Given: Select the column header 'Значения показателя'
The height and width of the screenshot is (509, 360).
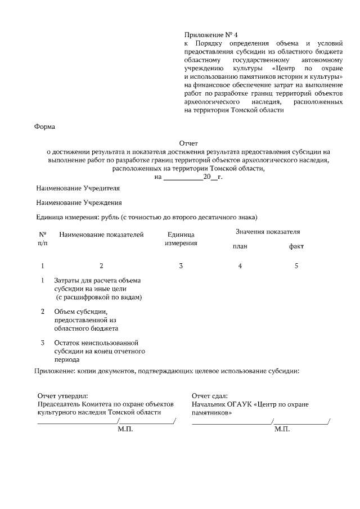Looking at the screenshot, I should (x=267, y=232).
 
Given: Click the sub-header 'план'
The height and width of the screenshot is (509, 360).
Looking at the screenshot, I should (x=240, y=246).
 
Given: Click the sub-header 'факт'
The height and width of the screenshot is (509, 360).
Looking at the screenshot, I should (x=296, y=246).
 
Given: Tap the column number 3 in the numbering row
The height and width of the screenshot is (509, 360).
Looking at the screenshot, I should (x=181, y=265).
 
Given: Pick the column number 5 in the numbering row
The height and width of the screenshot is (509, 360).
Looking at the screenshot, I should (x=296, y=265).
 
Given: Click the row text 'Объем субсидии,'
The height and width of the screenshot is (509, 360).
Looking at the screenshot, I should (x=81, y=312).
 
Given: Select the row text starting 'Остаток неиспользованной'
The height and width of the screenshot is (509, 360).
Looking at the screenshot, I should (x=96, y=343).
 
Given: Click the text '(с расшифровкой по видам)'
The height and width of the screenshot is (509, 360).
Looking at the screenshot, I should (x=98, y=296).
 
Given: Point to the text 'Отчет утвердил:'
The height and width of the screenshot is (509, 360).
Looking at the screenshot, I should (x=62, y=396).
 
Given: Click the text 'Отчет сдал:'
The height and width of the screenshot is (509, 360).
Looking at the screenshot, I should (x=209, y=396).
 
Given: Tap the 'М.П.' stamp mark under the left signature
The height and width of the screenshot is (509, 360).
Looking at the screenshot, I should (x=125, y=429).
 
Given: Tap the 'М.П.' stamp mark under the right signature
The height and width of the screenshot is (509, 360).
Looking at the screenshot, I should (x=282, y=429).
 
